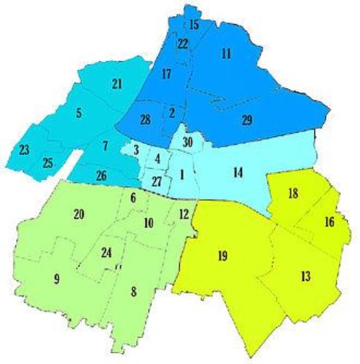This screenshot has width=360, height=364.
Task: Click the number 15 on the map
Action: pyautogui.click(x=194, y=25)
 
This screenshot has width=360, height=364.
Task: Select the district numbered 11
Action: pyautogui.click(x=226, y=53)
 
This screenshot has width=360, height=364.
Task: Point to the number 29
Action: pyautogui.click(x=247, y=119)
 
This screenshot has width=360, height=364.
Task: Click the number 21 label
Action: pyautogui.click(x=117, y=84)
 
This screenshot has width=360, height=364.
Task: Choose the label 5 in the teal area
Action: pyautogui.click(x=78, y=114)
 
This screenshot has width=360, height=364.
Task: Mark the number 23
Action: pyautogui.click(x=24, y=150)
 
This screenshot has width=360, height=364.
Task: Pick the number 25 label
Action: pyautogui.click(x=47, y=162)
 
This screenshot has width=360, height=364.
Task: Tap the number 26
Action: pyautogui.click(x=102, y=175)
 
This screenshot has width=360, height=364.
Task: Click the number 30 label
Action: pyautogui.click(x=187, y=142)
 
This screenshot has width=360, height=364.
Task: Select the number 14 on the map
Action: pyautogui.click(x=238, y=173)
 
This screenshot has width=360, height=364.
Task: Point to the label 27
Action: pyautogui.click(x=157, y=181)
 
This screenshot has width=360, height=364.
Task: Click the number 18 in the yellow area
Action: pyautogui.click(x=292, y=194)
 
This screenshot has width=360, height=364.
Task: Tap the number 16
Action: pyautogui.click(x=329, y=221)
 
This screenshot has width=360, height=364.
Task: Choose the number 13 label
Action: pyautogui.click(x=305, y=277)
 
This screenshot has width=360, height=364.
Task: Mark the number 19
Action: pyautogui.click(x=223, y=256)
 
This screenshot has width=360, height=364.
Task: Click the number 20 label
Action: pyautogui.click(x=79, y=214)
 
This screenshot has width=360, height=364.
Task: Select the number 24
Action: pyautogui.click(x=106, y=253)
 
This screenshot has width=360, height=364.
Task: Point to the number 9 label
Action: pyautogui.click(x=55, y=278)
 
